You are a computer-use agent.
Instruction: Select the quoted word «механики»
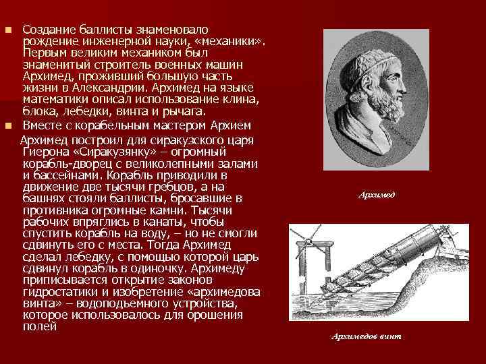234,41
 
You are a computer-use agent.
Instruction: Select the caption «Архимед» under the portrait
378,195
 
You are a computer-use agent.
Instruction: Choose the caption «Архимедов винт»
366,336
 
